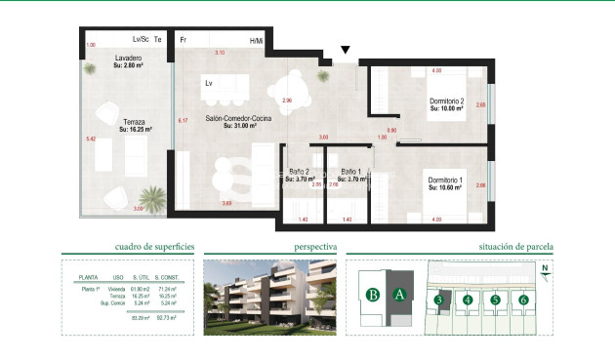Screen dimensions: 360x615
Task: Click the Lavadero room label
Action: [129, 59]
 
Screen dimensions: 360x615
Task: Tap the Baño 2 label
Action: [298, 172]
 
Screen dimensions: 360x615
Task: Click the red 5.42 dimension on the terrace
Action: [91, 140]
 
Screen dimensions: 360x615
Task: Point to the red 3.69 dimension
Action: [226, 203]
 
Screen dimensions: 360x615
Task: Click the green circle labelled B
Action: [372, 295]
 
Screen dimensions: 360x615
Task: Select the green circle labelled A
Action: [398, 295]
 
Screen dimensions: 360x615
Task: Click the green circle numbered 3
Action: [440, 300]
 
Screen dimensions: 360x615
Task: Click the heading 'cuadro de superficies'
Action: [147, 248]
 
